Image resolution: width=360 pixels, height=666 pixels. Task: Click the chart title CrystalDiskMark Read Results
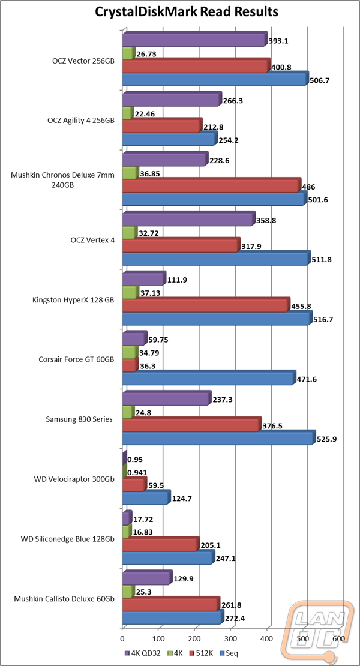180,12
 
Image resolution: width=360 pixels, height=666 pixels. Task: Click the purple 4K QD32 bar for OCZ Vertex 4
188,218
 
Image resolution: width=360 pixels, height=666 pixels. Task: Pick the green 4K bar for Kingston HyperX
130,292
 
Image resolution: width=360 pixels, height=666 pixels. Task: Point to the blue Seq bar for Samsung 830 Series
218,438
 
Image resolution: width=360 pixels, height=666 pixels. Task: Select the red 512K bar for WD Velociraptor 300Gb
134,484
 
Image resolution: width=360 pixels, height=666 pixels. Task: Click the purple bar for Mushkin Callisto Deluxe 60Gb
146,577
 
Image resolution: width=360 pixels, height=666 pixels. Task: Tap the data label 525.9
327,439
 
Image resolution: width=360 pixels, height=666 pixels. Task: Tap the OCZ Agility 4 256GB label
80,120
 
